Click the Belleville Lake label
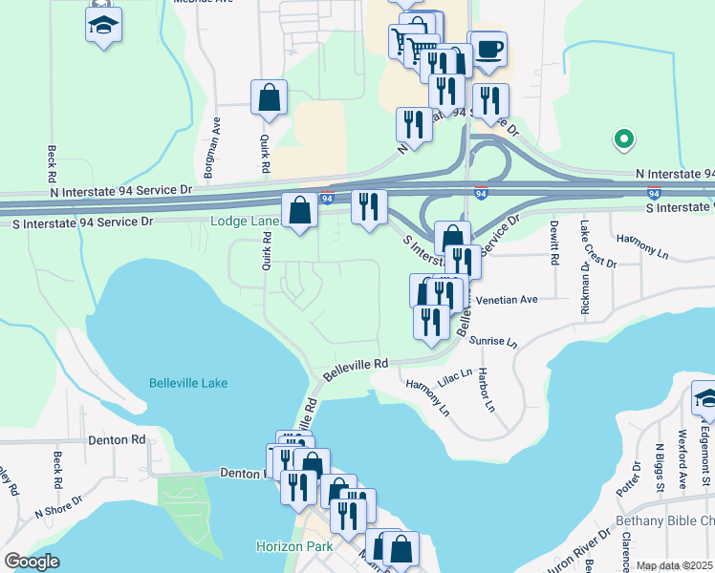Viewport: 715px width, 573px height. [x=188, y=383]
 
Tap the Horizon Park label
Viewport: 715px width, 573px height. [x=293, y=546]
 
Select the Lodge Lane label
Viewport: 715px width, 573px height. [x=244, y=222]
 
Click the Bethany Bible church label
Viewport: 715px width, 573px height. [x=663, y=520]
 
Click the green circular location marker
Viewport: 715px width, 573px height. [x=623, y=139]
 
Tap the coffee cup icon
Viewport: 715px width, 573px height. [x=488, y=49]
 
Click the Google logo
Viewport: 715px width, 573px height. [x=32, y=562]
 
